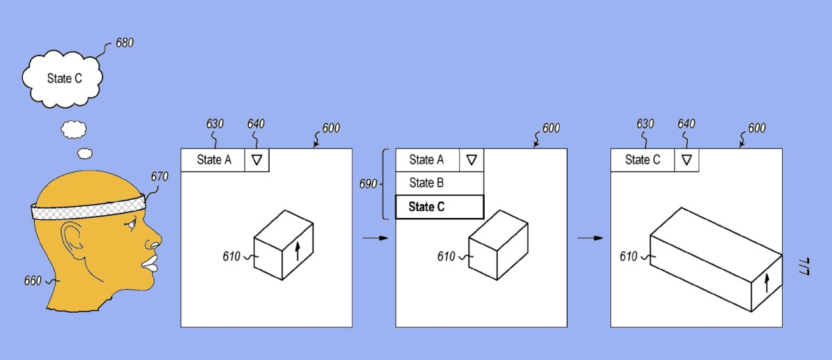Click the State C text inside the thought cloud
click(64, 78)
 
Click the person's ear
click(72, 238)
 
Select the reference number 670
click(159, 177)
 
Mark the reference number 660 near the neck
click(32, 281)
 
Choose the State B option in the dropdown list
click(426, 183)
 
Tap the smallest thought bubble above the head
click(85, 153)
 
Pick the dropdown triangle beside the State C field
click(686, 160)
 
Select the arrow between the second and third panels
click(589, 238)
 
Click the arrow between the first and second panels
click(374, 238)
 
